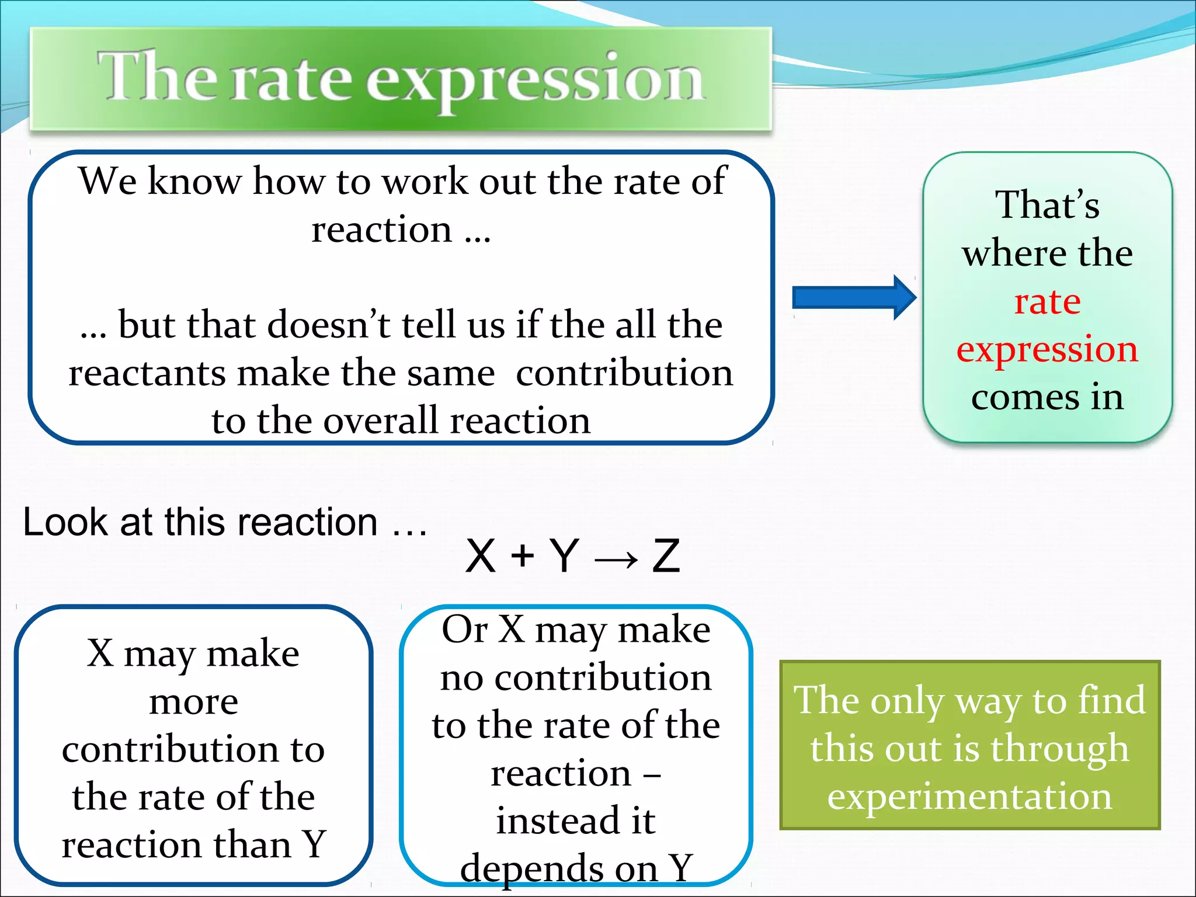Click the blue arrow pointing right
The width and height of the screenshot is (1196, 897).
[853, 298]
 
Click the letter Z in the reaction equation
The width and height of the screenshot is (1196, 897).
[666, 556]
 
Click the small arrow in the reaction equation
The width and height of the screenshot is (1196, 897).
[616, 559]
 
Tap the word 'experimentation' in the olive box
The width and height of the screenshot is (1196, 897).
[969, 797]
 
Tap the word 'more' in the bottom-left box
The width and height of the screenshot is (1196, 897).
[193, 702]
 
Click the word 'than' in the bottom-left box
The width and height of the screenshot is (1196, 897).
[252, 844]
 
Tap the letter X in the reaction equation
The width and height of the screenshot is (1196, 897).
[480, 556]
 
